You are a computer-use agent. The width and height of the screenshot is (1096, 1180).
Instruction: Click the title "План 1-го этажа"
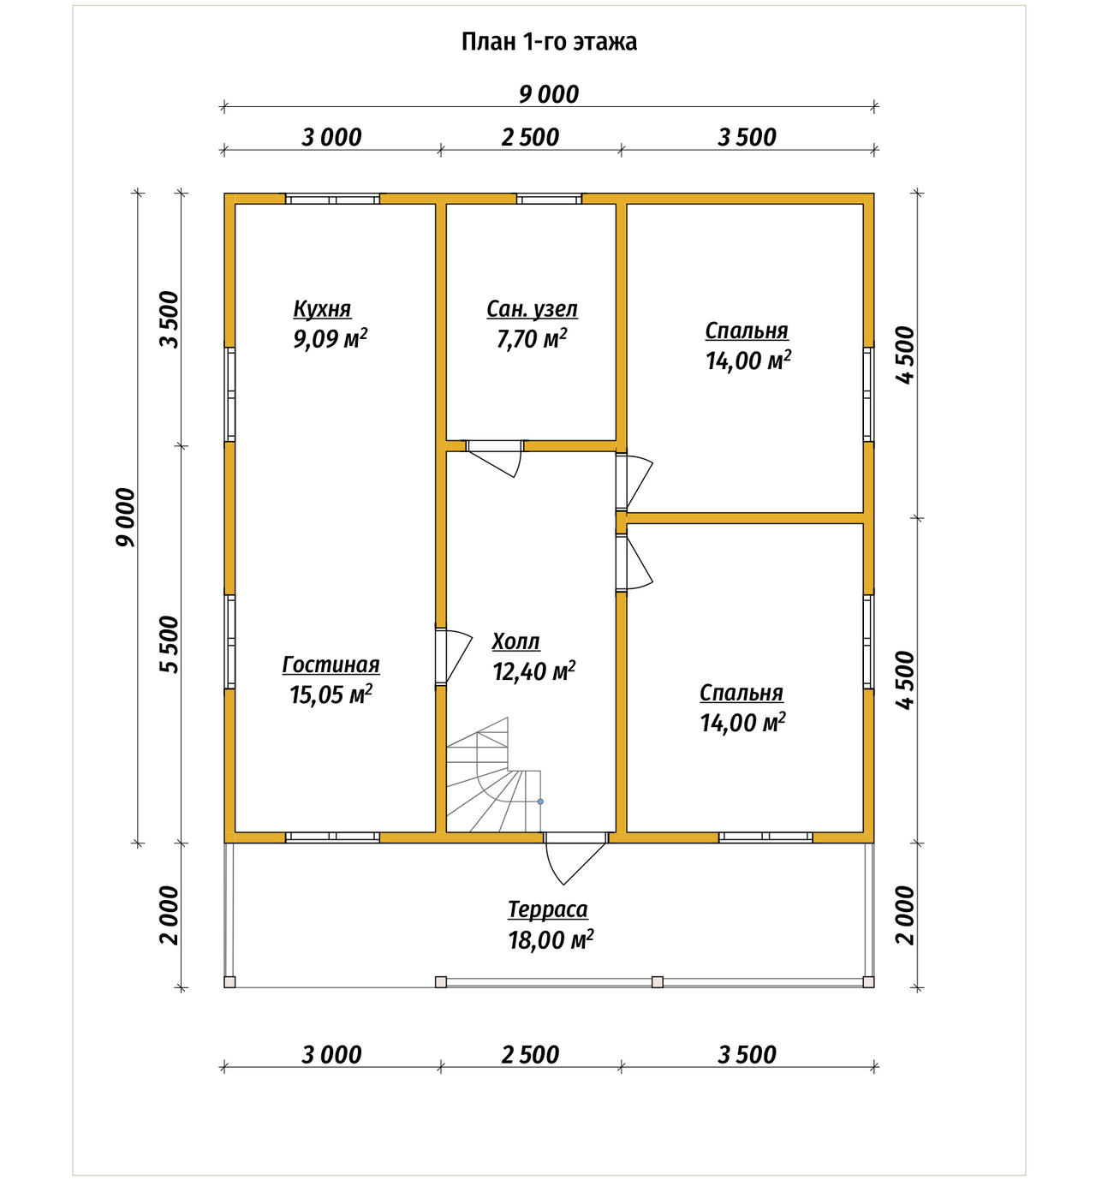(549, 42)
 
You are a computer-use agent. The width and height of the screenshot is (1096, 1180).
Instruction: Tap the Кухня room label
(322, 309)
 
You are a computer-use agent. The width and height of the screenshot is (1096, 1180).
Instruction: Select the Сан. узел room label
(532, 309)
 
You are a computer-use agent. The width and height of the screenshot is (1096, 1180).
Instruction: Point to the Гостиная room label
(331, 664)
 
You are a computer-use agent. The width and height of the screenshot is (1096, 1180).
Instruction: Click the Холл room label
(516, 641)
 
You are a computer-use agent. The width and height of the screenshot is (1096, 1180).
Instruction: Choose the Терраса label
(548, 909)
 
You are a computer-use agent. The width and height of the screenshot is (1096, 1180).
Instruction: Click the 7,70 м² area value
(532, 338)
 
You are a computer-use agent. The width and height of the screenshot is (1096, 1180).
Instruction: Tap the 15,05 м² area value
(331, 694)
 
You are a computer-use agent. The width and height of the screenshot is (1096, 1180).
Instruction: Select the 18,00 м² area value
(551, 939)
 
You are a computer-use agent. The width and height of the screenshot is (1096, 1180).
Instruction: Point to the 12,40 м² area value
(533, 670)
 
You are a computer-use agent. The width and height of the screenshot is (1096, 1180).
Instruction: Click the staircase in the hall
(493, 776)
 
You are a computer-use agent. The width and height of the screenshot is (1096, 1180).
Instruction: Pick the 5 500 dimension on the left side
(170, 645)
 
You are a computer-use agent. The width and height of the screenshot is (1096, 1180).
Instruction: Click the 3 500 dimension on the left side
(170, 319)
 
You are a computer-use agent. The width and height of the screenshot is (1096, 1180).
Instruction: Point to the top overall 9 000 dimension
(549, 95)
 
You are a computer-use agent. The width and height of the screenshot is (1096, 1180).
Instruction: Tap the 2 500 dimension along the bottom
(530, 1055)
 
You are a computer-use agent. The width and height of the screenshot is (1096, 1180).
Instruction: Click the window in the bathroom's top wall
(549, 199)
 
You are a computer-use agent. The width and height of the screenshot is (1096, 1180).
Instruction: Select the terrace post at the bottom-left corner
(230, 982)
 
